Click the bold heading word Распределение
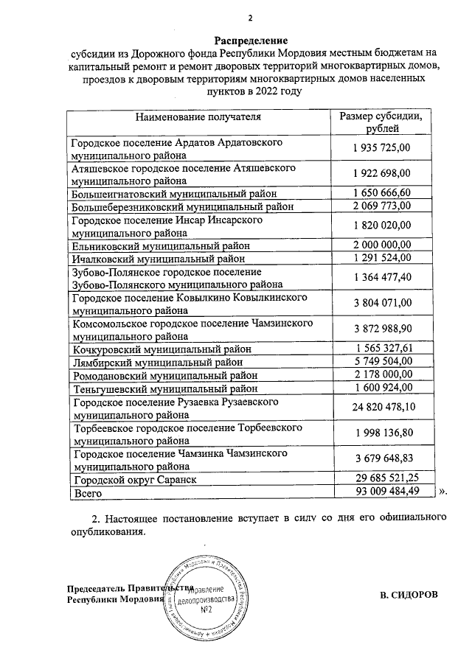tap(251, 38)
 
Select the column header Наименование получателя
tap(198, 116)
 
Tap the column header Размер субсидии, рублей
tap(381, 122)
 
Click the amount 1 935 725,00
tap(381, 148)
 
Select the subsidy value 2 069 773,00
tap(381, 206)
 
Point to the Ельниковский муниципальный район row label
tap(159, 245)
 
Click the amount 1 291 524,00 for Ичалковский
tap(381, 258)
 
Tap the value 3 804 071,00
tap(381, 303)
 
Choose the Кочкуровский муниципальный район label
tap(161, 349)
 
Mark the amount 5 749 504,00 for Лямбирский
tap(381, 361)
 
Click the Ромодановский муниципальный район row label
tap(164, 374)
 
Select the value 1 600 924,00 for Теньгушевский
tap(381, 388)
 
